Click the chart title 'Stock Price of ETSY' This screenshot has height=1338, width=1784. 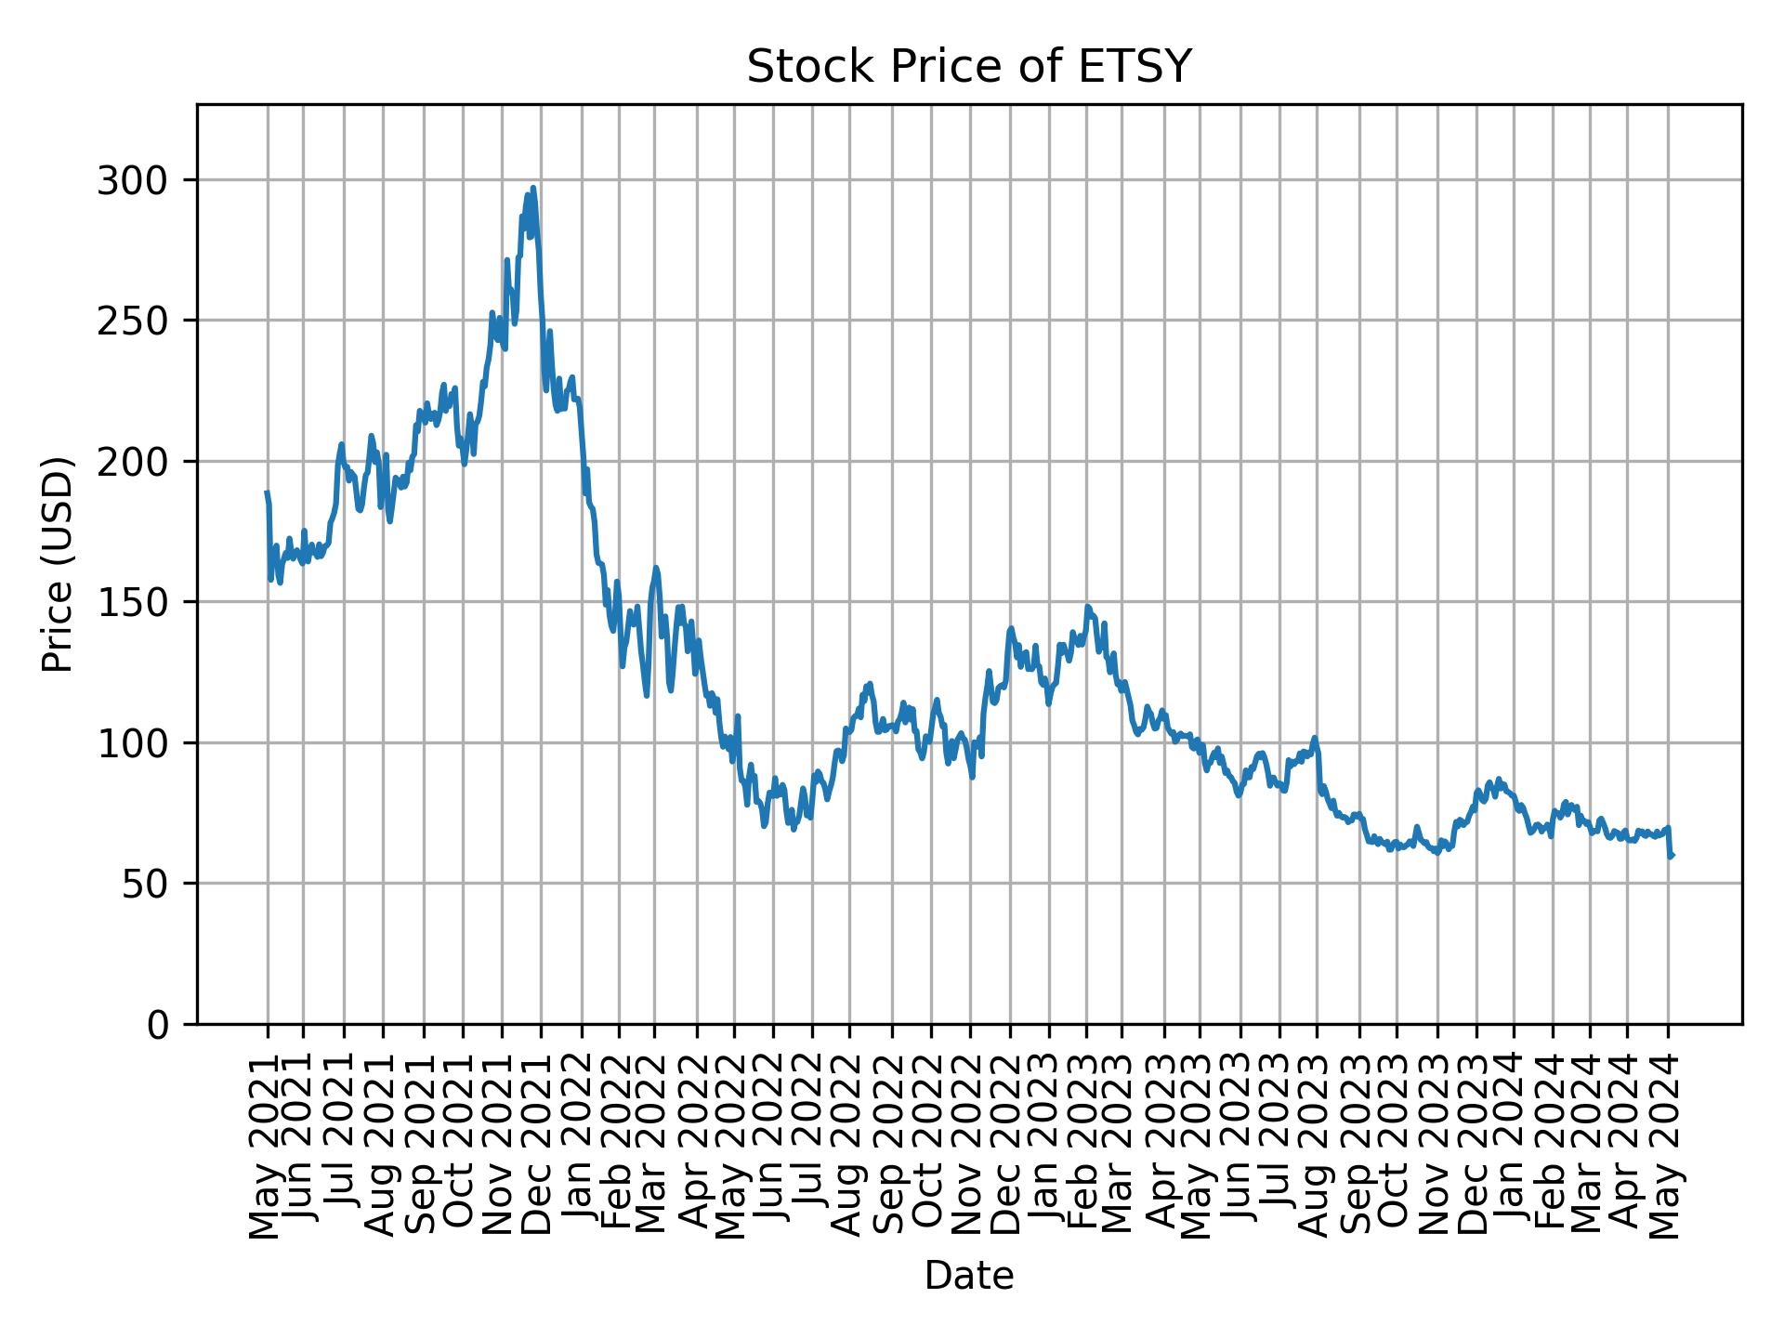tap(968, 68)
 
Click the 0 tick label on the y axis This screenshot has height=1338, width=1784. tap(159, 1025)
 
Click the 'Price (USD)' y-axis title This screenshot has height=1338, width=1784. tap(58, 564)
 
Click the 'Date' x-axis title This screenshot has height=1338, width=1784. tap(968, 1277)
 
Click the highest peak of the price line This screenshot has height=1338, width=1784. tap(533, 188)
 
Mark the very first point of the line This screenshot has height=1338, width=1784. tap(267, 492)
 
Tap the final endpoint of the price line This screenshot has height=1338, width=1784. tap(1672, 856)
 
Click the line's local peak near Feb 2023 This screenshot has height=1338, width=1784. tap(1087, 608)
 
